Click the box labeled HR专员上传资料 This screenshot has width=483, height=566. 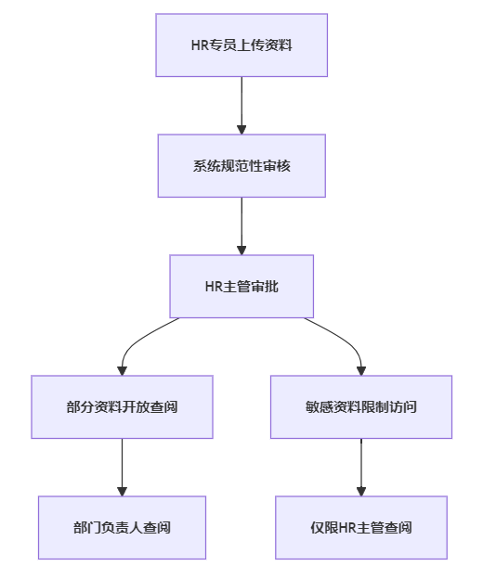pos(241,45)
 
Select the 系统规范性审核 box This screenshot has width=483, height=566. pos(241,166)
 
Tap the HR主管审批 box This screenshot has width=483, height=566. pos(241,287)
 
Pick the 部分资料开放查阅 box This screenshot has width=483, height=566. pos(122,406)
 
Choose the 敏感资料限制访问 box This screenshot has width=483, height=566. pos(361,406)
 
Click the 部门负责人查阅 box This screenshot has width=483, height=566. pos(122,527)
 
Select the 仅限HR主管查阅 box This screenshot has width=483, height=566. pos(361,527)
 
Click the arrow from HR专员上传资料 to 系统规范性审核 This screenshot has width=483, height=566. pos(241,106)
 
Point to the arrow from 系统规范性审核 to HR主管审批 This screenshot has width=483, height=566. pos(241,226)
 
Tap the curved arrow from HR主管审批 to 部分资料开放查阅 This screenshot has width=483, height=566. pos(135,342)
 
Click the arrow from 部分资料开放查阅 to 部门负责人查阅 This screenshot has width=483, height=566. pos(122,467)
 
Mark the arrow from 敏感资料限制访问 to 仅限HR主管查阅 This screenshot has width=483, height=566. pos(361,467)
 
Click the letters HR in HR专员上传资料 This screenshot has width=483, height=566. pos(200,45)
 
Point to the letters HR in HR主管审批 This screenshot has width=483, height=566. pos(215,287)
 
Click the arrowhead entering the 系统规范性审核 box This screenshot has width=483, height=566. pos(241,130)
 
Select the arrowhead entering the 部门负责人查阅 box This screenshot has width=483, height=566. pos(122,492)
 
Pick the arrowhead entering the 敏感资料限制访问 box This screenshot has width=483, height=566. pos(361,371)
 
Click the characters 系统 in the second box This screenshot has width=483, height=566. pos(206,166)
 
